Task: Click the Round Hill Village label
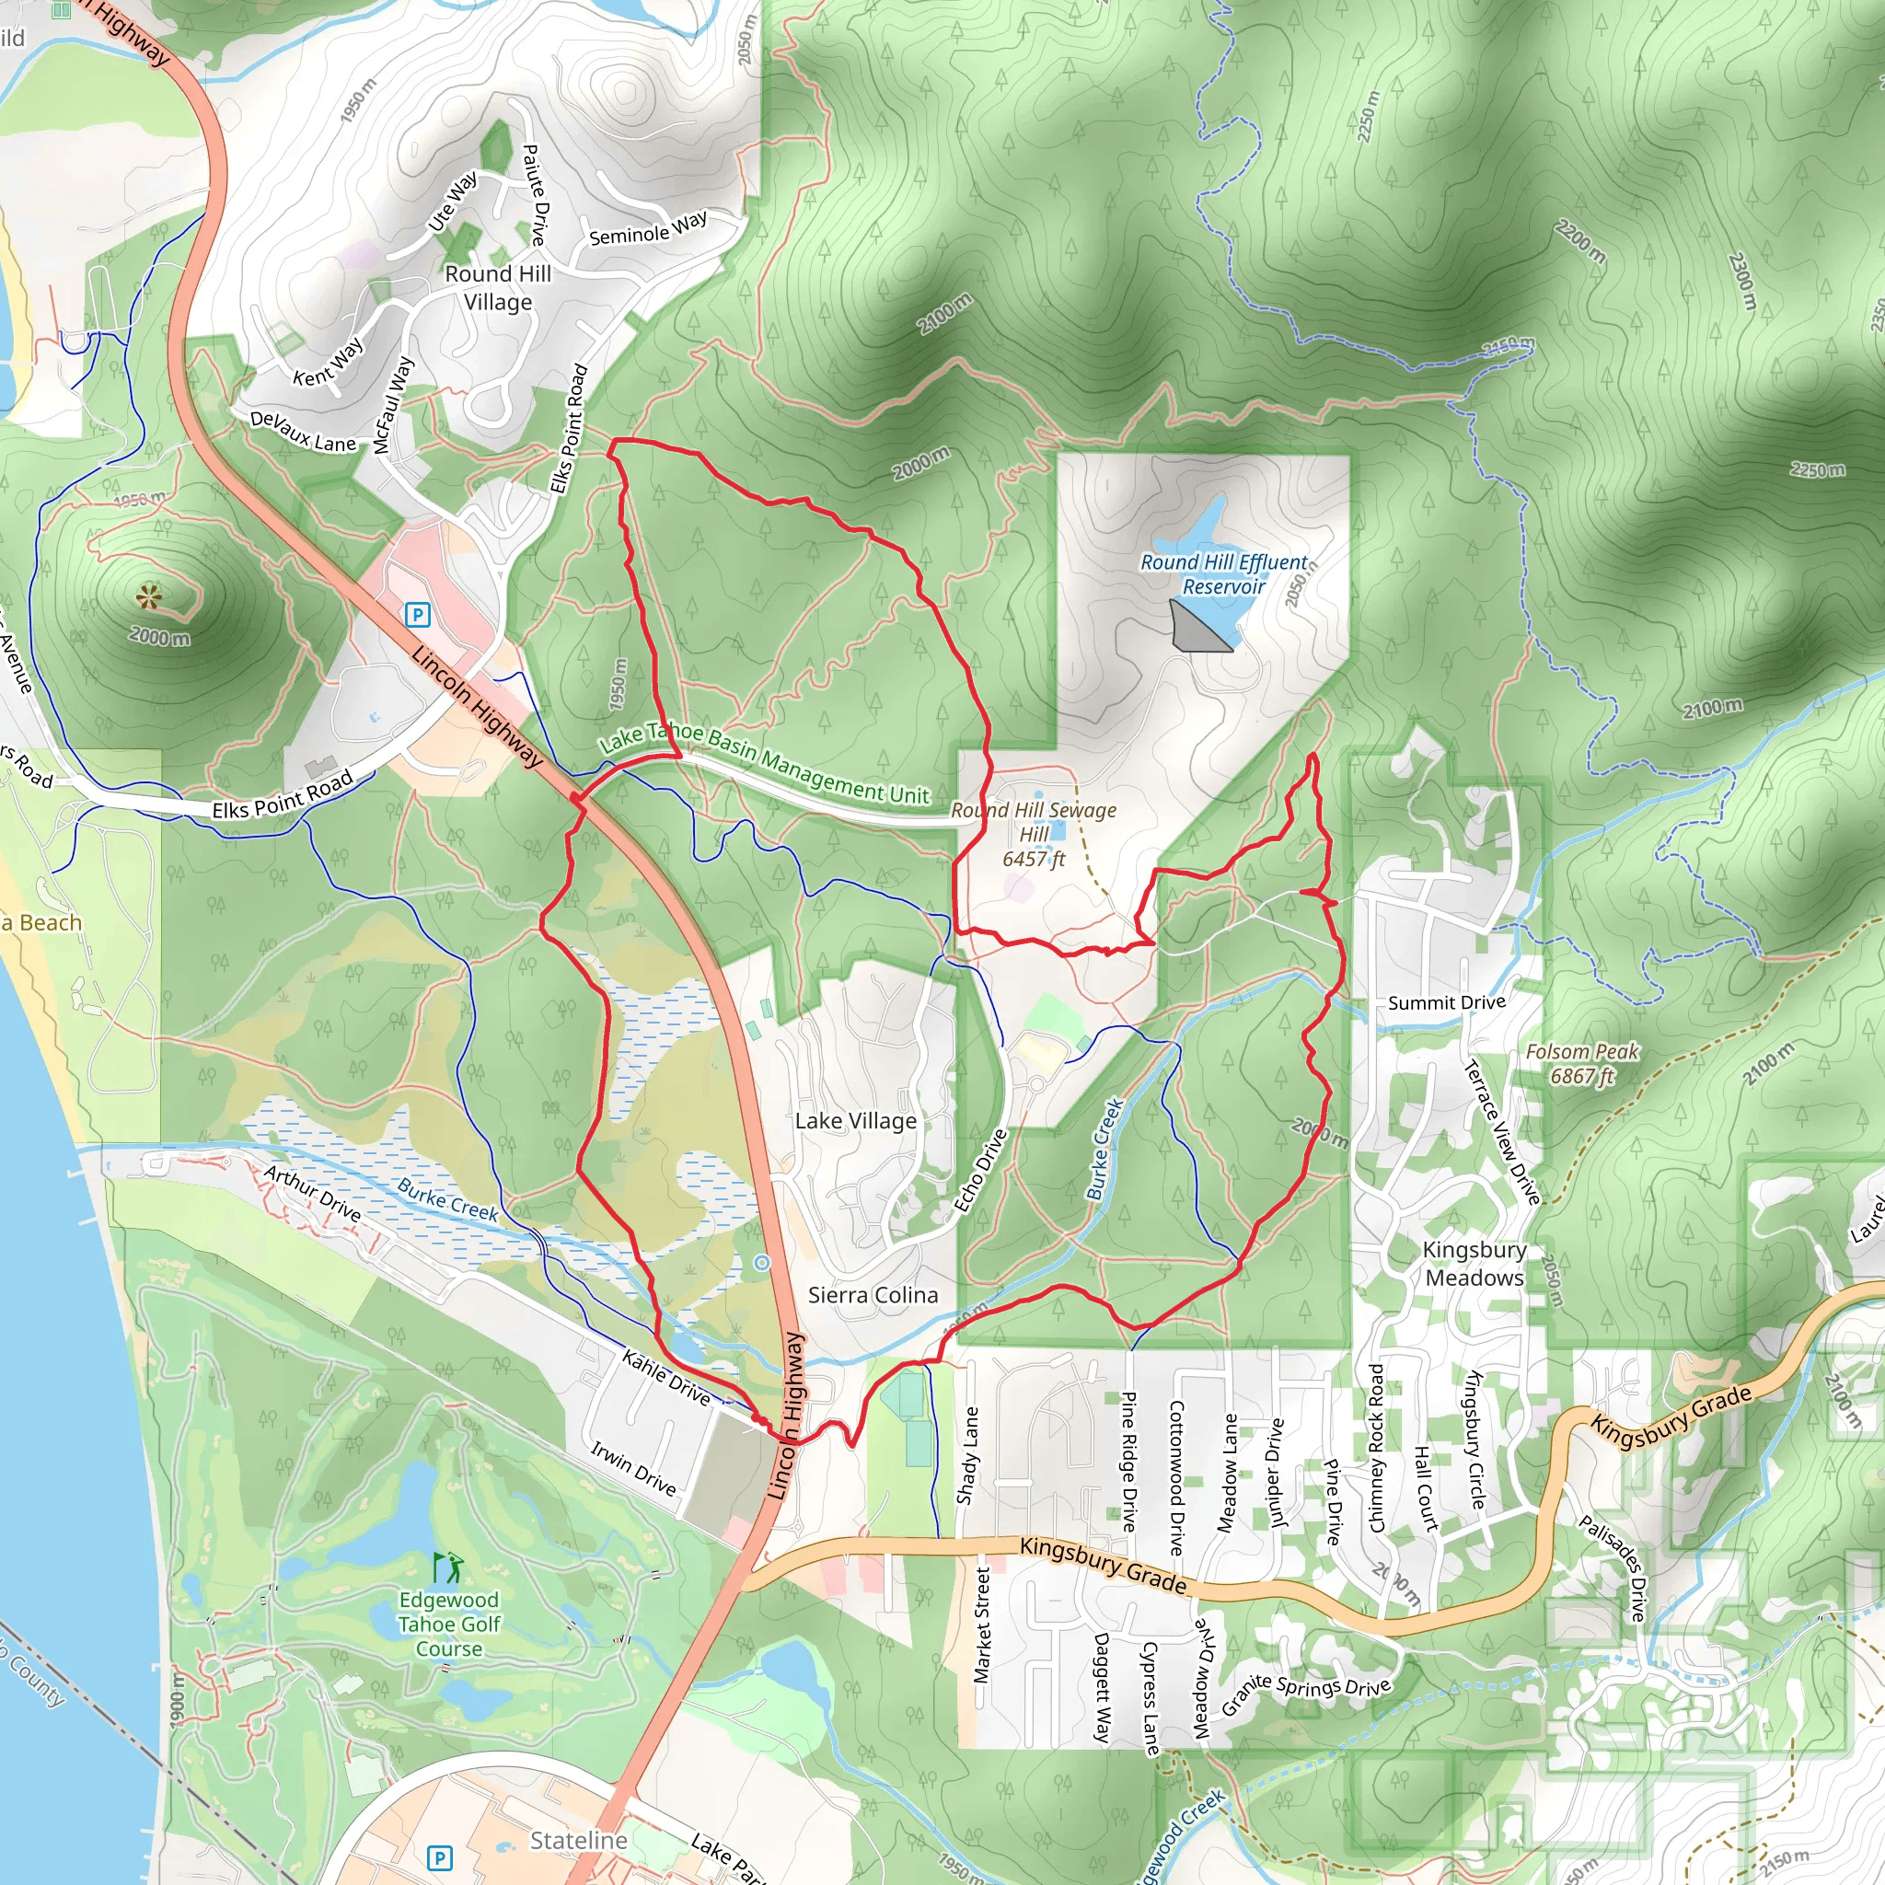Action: click(498, 288)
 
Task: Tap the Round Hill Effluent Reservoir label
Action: click(1223, 573)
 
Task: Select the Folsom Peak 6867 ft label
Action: click(1582, 1063)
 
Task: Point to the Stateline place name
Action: click(579, 1840)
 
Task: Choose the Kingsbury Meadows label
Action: click(1474, 1264)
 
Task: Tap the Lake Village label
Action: click(856, 1121)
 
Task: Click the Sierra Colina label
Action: click(873, 1295)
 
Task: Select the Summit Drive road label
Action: click(1446, 1003)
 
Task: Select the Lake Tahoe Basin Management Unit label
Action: click(764, 764)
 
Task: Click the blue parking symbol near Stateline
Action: click(440, 1857)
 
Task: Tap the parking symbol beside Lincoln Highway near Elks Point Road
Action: click(418, 615)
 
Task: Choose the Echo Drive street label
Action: click(979, 1171)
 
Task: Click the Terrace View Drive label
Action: click(1502, 1132)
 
